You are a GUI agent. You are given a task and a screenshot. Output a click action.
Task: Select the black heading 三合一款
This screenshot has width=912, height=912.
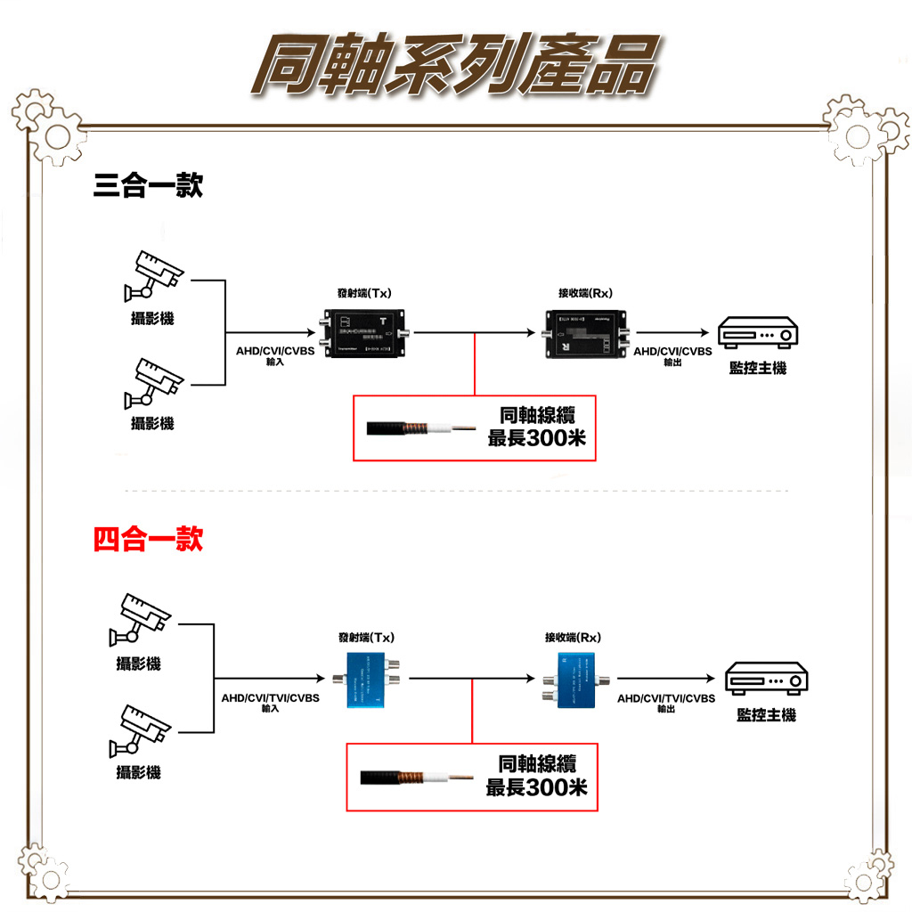[148, 186]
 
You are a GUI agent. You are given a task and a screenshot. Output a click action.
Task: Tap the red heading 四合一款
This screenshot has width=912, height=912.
[148, 539]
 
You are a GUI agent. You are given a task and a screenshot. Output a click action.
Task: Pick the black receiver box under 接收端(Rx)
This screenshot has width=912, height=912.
[584, 332]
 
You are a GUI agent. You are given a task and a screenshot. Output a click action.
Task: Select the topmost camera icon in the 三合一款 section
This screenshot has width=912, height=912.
[154, 274]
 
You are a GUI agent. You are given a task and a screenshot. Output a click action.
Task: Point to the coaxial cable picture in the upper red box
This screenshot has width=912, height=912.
[414, 428]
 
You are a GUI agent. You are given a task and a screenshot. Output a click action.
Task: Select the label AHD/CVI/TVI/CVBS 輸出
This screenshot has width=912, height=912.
[666, 703]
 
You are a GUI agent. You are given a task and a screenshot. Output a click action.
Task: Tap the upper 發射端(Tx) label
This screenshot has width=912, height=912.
[365, 293]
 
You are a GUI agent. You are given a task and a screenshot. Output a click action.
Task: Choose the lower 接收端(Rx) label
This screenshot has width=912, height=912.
[573, 638]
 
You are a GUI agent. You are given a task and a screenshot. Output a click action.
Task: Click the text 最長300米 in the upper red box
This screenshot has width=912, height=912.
[537, 438]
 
